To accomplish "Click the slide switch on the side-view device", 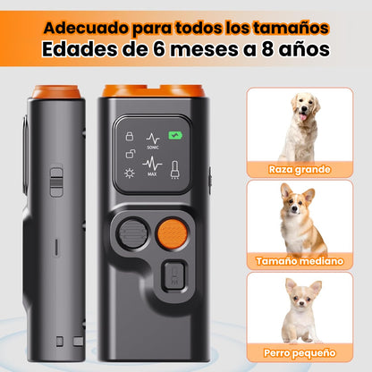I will (56, 182).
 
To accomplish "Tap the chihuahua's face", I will (301, 300).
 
